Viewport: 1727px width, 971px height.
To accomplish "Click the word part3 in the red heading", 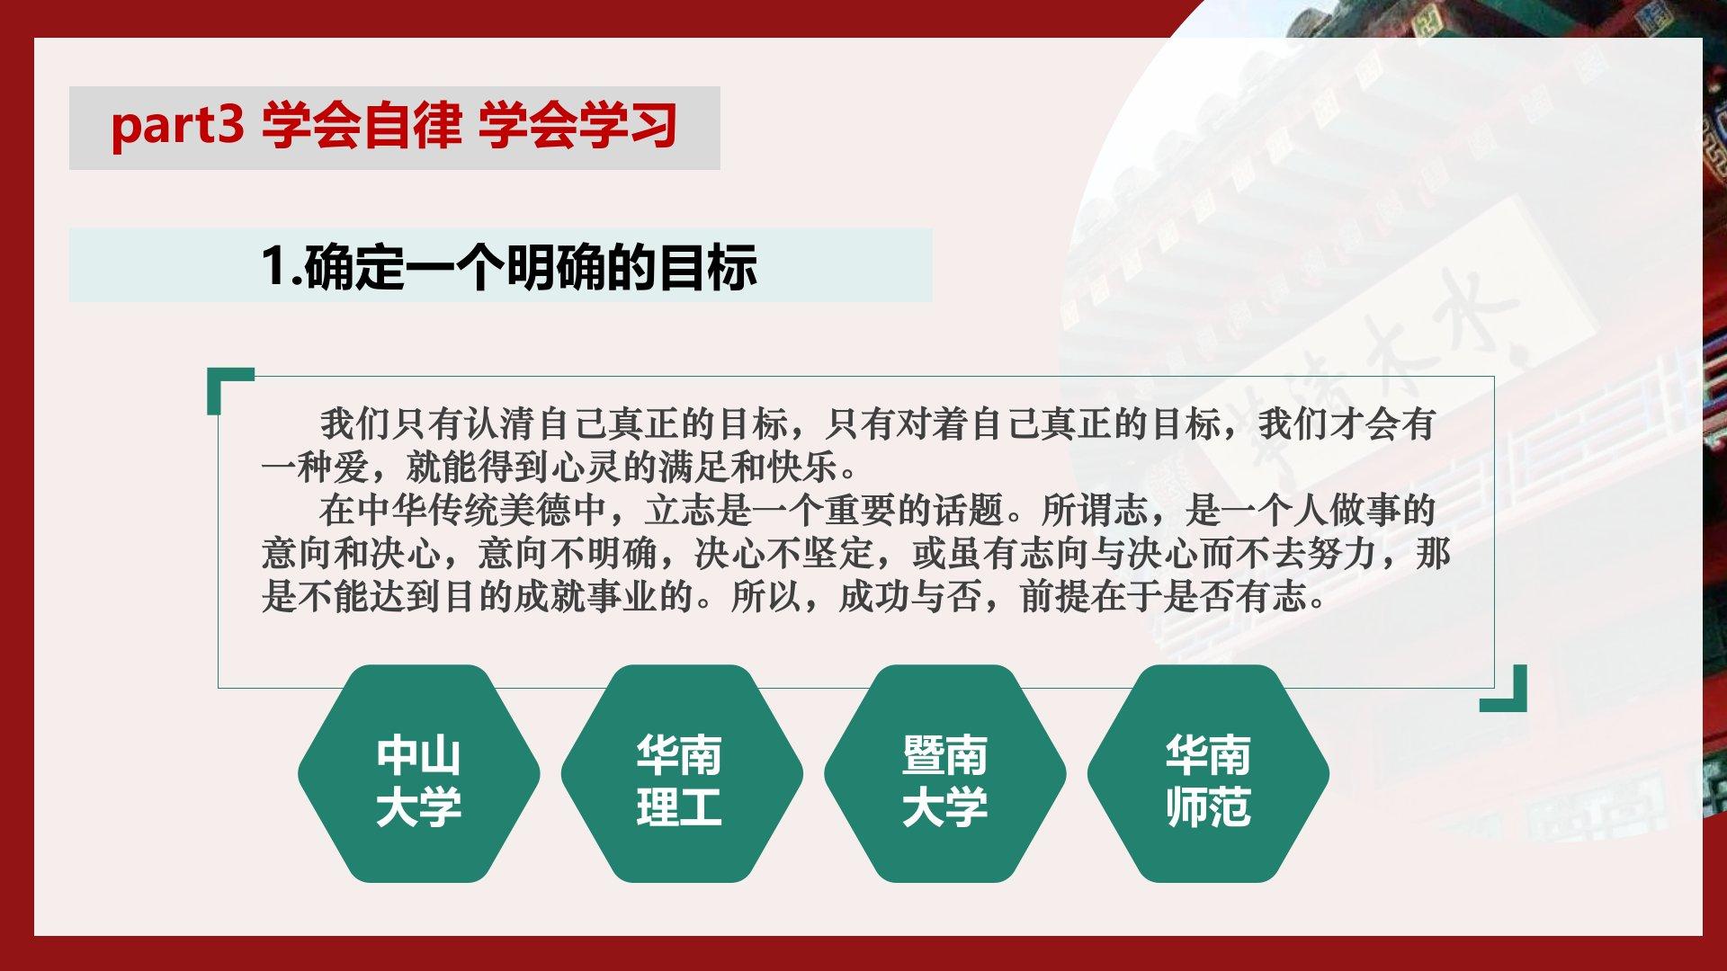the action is coord(177,126).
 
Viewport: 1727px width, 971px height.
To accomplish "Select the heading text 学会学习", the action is coord(577,126).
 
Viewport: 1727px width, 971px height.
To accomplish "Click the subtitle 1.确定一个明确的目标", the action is coord(509,266).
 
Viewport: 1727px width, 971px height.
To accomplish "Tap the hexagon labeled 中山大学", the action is coord(419,773).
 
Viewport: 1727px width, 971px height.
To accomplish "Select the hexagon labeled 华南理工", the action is coord(682,773).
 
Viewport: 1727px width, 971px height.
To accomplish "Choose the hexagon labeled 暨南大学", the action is coord(945,773).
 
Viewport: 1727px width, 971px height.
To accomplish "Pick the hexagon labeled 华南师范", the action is coord(1208,773).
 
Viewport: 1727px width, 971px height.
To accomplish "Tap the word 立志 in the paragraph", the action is coord(680,511).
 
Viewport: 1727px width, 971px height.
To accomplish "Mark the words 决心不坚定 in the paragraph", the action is coord(784,554).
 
